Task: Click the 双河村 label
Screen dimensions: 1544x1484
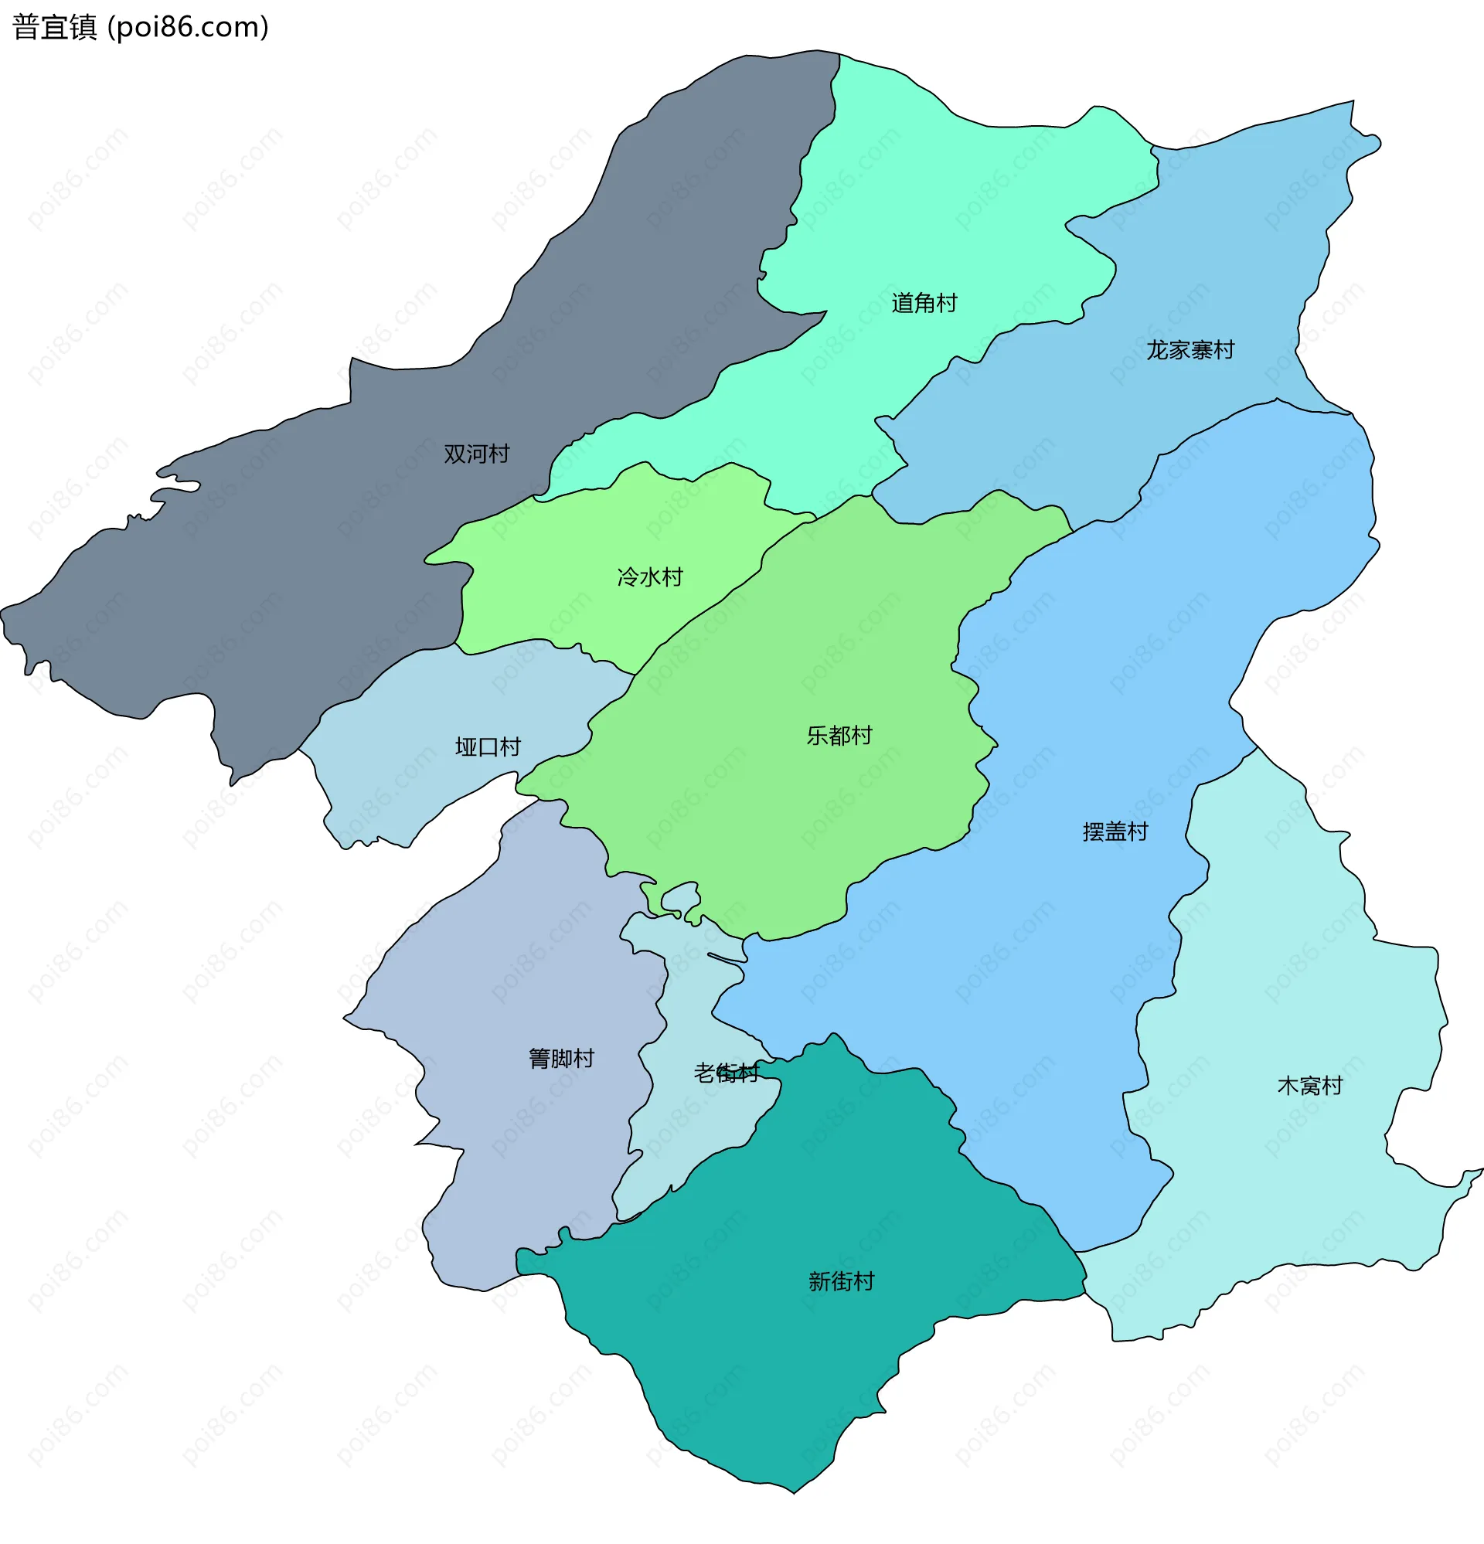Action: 476,454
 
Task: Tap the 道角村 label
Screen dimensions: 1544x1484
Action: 924,303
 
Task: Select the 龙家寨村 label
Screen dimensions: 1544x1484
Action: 1190,350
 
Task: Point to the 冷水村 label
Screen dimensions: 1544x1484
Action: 649,577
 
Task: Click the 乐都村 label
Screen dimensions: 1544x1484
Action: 839,736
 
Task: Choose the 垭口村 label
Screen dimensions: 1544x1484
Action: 488,746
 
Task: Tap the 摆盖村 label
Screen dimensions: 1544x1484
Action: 1115,832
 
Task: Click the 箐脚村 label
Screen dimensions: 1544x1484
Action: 561,1059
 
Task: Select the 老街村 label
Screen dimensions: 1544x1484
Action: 726,1073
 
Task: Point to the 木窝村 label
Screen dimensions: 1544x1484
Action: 1309,1087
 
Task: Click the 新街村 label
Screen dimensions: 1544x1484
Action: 841,1282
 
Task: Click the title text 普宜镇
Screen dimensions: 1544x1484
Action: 54,28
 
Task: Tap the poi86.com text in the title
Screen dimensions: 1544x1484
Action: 189,28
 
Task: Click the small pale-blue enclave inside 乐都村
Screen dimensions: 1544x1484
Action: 679,897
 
